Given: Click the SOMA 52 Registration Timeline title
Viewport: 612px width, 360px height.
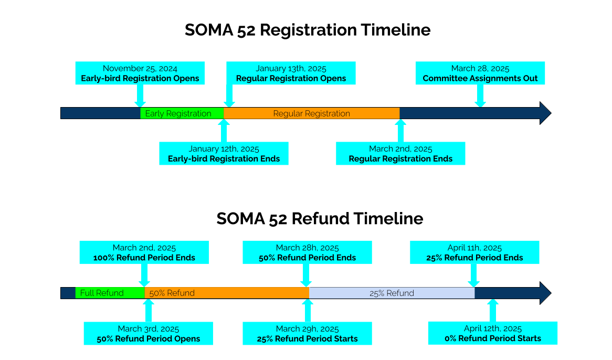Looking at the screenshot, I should tap(307, 30).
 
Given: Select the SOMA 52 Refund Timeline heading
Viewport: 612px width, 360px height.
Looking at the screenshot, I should tap(319, 218).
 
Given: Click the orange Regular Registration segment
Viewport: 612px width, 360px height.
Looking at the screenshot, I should tap(311, 113).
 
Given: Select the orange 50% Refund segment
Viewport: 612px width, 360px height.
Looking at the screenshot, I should tap(226, 293).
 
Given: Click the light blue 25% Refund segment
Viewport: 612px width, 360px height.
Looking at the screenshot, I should tap(392, 293).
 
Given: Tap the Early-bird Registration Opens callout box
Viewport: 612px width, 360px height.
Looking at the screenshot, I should tap(140, 73).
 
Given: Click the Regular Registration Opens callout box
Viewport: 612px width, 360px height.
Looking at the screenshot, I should tap(291, 73).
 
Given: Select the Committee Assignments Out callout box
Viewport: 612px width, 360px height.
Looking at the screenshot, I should tap(480, 73).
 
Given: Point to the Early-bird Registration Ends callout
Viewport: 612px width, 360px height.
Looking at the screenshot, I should tap(224, 154).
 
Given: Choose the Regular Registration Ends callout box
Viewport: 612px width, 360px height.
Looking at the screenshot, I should tap(400, 154).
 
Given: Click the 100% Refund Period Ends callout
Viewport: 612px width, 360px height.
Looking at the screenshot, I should tap(144, 252).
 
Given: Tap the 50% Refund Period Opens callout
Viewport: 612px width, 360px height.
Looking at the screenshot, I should tap(148, 333).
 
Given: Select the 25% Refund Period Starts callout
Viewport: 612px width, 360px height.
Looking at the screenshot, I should tap(307, 333).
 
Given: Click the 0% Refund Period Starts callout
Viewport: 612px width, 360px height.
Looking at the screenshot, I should tap(492, 333).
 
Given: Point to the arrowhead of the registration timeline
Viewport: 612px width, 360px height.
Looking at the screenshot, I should tap(545, 113).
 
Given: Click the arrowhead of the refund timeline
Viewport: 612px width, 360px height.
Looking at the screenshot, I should tap(545, 293).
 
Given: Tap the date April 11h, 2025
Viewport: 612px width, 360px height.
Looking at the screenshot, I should tap(474, 248).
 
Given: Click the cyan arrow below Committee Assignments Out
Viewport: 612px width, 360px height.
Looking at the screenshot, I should tap(480, 96).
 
